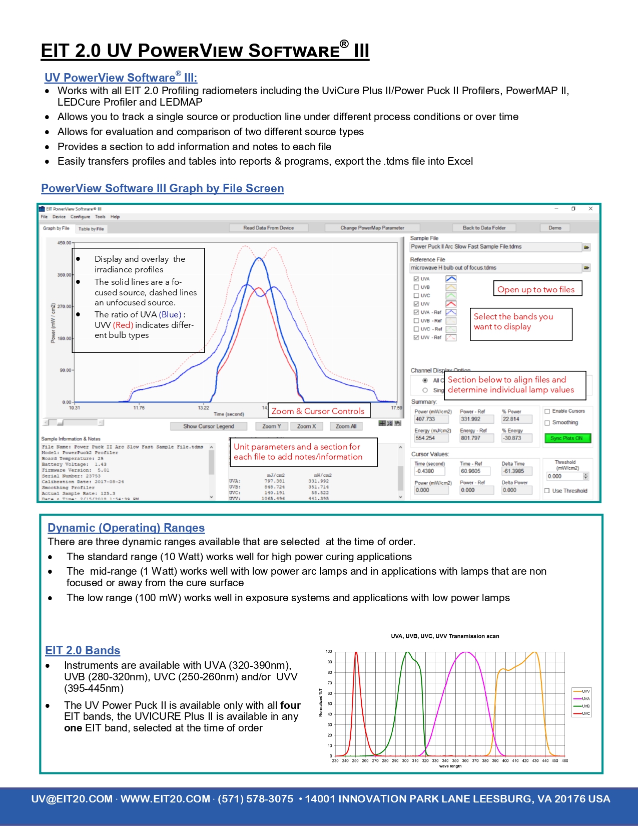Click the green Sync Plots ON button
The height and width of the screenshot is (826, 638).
[x=567, y=439]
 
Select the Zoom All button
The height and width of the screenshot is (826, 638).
[x=346, y=427]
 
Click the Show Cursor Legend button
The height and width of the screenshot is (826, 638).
[x=209, y=427]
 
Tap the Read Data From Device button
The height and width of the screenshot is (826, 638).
[x=269, y=228]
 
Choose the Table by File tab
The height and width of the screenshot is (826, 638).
[x=91, y=229]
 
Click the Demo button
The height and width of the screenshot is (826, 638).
[x=554, y=228]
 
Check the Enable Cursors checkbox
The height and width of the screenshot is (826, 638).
[x=547, y=411]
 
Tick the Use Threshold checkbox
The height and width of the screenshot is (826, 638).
[x=547, y=491]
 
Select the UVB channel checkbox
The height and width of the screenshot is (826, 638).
[x=416, y=287]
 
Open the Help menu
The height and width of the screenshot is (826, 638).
[x=115, y=217]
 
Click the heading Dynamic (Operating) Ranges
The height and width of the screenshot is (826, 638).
[x=126, y=528]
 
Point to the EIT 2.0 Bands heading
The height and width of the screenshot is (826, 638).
[x=83, y=650]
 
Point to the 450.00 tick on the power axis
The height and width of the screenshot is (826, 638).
[x=64, y=243]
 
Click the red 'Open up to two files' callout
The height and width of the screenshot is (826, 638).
[x=536, y=289]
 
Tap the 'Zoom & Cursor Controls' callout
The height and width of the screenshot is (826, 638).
[x=318, y=411]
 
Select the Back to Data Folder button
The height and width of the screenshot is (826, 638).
[x=484, y=228]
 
